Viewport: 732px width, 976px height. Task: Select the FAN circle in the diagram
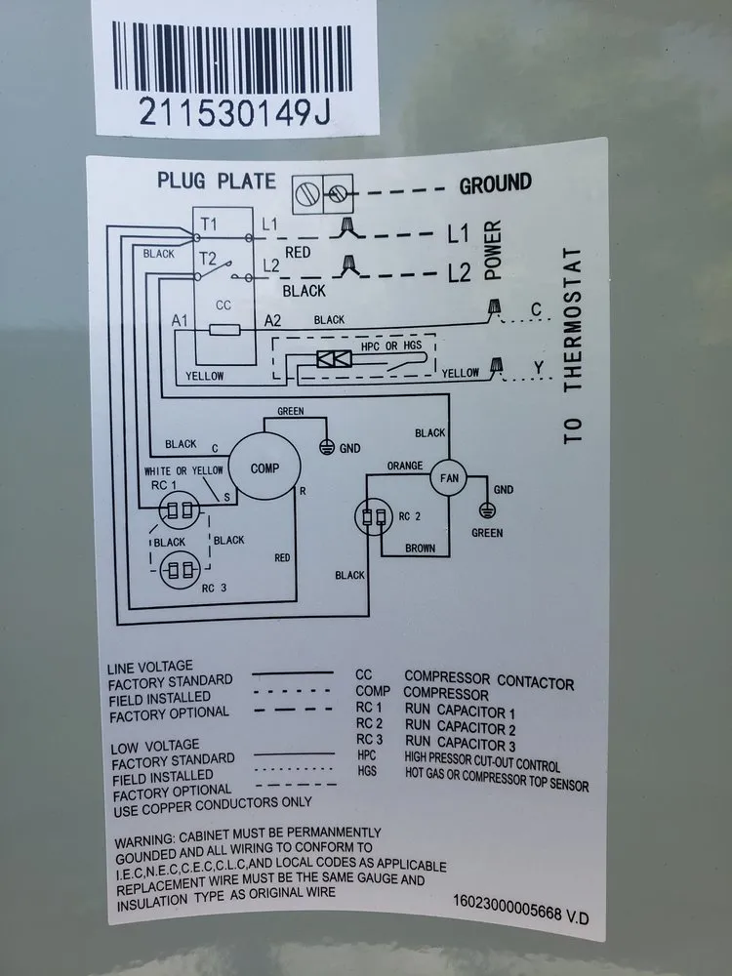(x=449, y=478)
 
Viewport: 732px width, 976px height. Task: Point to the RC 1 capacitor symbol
(x=178, y=509)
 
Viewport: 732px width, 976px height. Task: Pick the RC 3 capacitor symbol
(x=179, y=568)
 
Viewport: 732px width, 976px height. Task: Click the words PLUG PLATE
(x=217, y=181)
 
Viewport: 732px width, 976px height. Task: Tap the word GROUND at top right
(x=495, y=183)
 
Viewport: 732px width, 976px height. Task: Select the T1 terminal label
(x=208, y=224)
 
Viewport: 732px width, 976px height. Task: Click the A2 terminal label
(x=273, y=320)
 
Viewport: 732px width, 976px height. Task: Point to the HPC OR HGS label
(x=384, y=347)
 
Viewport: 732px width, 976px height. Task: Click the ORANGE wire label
(x=404, y=467)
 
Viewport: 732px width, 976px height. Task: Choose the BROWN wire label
(x=420, y=549)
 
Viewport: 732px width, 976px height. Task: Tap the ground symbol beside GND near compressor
(x=327, y=446)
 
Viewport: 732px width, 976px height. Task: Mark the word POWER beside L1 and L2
(x=493, y=249)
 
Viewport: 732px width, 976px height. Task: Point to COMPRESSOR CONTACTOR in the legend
(x=489, y=680)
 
